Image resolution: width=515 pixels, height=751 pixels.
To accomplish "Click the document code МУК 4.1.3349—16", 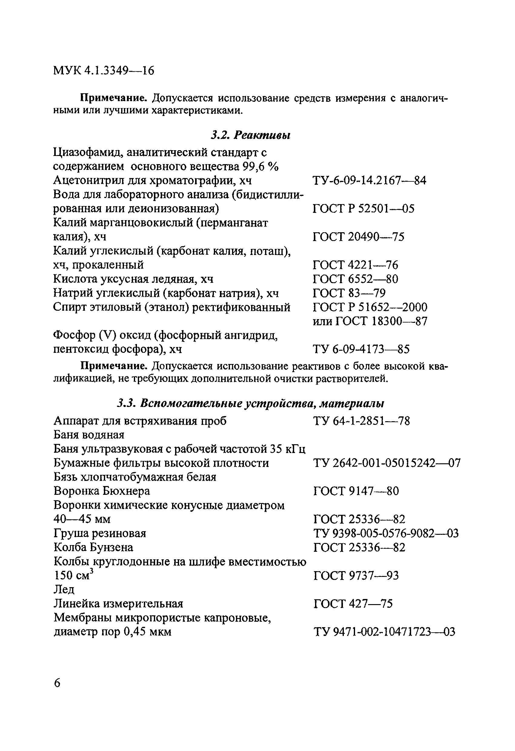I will (103, 71).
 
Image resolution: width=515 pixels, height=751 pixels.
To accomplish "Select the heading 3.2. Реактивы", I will (251, 135).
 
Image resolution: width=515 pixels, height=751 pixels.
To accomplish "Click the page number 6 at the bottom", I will (57, 683).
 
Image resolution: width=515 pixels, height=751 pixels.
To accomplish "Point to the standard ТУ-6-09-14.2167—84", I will (369, 180).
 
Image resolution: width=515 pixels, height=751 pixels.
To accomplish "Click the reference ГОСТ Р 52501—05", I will (363, 209).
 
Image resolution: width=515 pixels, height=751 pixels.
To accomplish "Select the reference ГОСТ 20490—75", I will (358, 237).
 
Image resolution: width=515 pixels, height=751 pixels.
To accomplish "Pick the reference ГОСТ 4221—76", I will (355, 265).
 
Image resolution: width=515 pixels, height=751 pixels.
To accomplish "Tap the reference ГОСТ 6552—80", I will (355, 279).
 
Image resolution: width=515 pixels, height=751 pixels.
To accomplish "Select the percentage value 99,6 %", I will (260, 167).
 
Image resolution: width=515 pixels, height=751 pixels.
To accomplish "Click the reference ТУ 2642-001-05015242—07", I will (387, 463).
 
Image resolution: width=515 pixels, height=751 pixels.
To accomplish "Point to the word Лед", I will (64, 589).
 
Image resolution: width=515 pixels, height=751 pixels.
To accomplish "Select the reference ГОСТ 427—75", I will (353, 604).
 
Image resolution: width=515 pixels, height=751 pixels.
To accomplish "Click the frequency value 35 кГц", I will (287, 449).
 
